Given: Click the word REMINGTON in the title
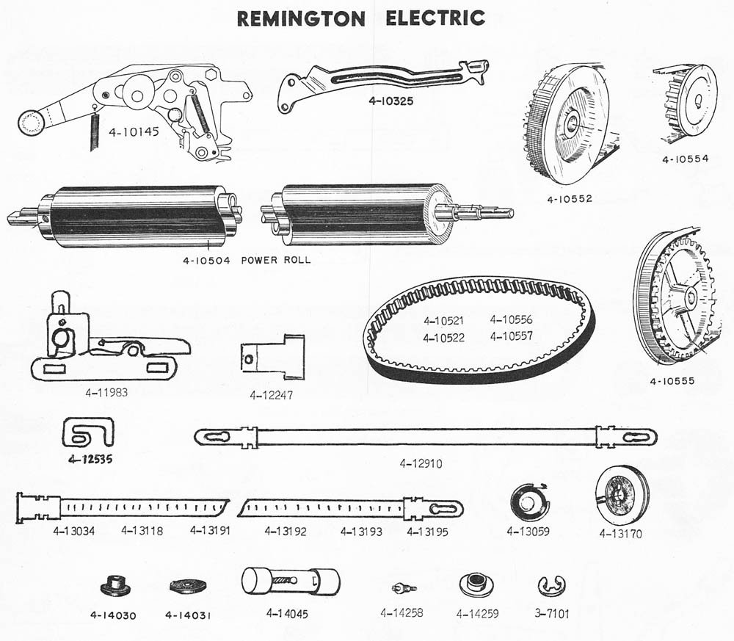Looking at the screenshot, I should [301, 18].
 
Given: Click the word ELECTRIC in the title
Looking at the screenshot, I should [435, 18].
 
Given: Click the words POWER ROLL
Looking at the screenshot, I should [276, 259].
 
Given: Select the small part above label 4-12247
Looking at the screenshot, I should [273, 357].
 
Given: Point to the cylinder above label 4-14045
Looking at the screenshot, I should [291, 582].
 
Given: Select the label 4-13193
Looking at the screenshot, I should [361, 532].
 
